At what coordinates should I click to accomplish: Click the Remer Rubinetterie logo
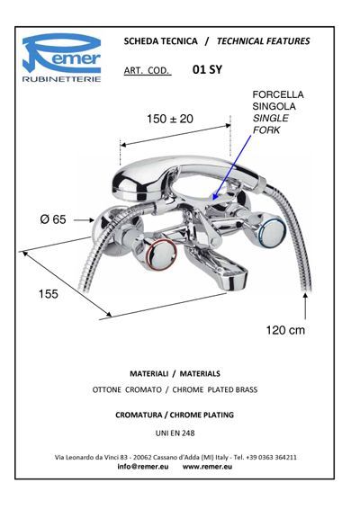coord(61,58)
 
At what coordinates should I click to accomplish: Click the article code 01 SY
coord(207,69)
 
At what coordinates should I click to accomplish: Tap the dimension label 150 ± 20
coord(170,119)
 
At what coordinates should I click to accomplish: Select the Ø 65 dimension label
coord(53,219)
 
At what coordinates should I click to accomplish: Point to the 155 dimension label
coord(48,294)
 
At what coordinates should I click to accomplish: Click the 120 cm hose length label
coord(285,330)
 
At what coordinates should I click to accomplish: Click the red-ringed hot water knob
coord(162,254)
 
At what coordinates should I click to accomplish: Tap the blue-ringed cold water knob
coord(273,234)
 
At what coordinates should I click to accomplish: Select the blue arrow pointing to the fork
coord(231,168)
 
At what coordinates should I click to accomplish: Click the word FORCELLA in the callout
coord(278,94)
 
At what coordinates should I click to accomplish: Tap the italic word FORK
coord(266,129)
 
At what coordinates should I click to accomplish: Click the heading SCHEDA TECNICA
coord(160,41)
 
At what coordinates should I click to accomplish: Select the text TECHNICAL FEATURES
coord(263,41)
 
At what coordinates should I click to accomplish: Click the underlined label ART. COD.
coord(148,70)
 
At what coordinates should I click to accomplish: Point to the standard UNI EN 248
coord(175,433)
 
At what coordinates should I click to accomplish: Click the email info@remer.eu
coord(143,467)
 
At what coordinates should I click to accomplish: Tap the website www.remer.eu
coord(207,467)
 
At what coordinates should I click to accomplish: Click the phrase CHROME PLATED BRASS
coord(215,389)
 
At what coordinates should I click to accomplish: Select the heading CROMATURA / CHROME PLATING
coord(175,415)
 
